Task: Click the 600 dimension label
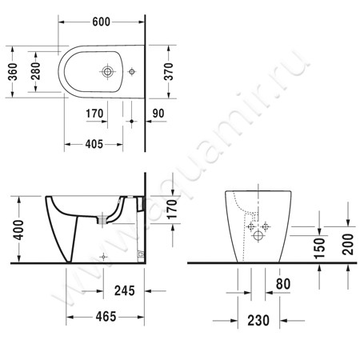pos(101,22)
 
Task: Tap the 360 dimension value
pos(13,72)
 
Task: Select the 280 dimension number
pos(35,71)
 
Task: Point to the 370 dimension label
pos(169,71)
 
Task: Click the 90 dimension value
pos(158,114)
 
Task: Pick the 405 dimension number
pos(94,144)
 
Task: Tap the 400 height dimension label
pos(18,230)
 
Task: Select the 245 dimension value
pos(125,290)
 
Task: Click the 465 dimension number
pos(106,317)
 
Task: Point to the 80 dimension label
pos(283,284)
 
